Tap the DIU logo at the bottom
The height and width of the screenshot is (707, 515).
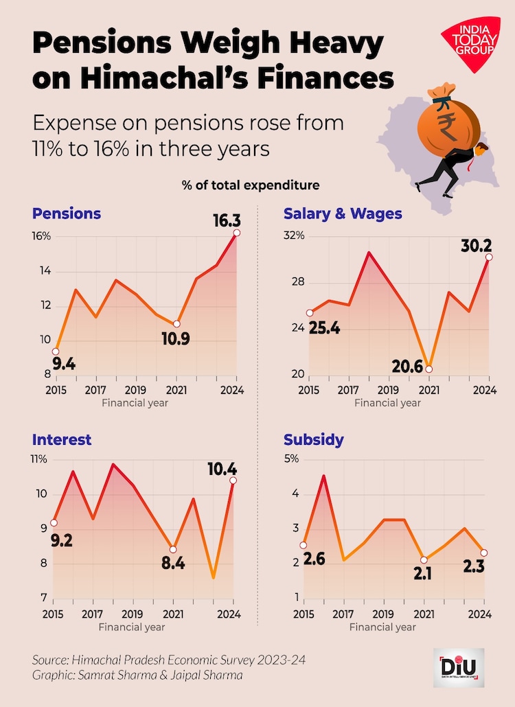pyautogui.click(x=459, y=668)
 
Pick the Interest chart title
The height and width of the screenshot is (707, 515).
pyautogui.click(x=62, y=439)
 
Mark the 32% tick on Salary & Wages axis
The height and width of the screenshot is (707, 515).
pyautogui.click(x=294, y=236)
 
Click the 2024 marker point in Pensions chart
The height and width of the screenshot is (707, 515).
pyautogui.click(x=237, y=233)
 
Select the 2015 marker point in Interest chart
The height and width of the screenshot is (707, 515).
pyautogui.click(x=54, y=523)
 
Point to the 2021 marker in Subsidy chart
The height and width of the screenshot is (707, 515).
pyautogui.click(x=424, y=560)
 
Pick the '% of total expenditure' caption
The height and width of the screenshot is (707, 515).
pyautogui.click(x=251, y=185)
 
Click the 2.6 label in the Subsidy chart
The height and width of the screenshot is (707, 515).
pyautogui.click(x=314, y=560)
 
